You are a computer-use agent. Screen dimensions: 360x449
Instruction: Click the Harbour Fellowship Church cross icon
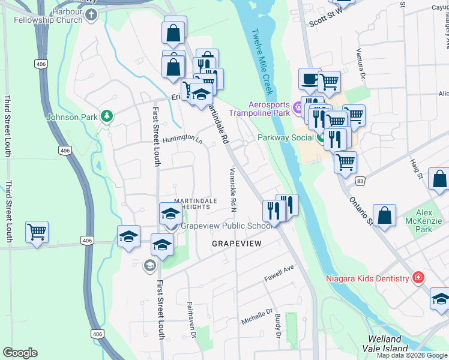coord(91,14)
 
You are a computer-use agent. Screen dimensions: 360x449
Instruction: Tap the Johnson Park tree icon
coord(107,116)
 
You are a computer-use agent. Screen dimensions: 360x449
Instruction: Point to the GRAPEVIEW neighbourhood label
coord(237,244)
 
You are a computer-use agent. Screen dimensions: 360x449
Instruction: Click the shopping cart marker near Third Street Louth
coord(37,232)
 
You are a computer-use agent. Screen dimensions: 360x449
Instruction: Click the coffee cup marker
coord(310,79)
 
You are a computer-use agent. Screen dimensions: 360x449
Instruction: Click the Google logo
coord(20,353)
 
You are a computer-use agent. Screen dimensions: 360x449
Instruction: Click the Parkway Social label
coord(286,137)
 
